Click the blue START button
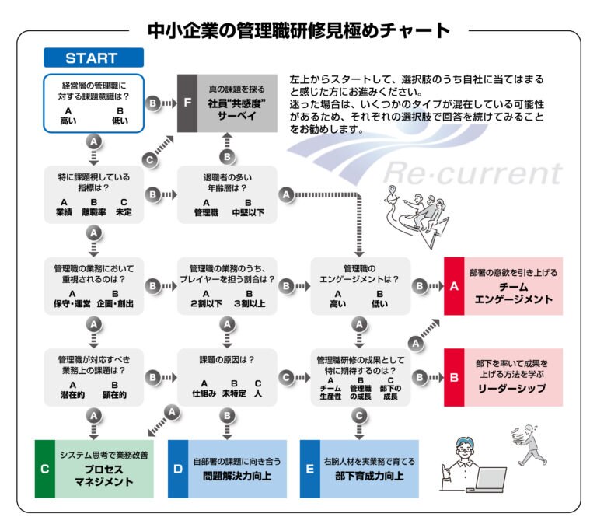click(93, 58)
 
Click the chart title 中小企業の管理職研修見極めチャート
click(298, 30)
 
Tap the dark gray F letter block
click(187, 103)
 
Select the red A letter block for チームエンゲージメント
click(455, 286)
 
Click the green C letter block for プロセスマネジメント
click(46, 468)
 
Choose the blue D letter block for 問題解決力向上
click(179, 468)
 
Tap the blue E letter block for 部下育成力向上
click(311, 468)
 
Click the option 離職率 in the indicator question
click(94, 211)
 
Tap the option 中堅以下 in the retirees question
click(249, 211)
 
